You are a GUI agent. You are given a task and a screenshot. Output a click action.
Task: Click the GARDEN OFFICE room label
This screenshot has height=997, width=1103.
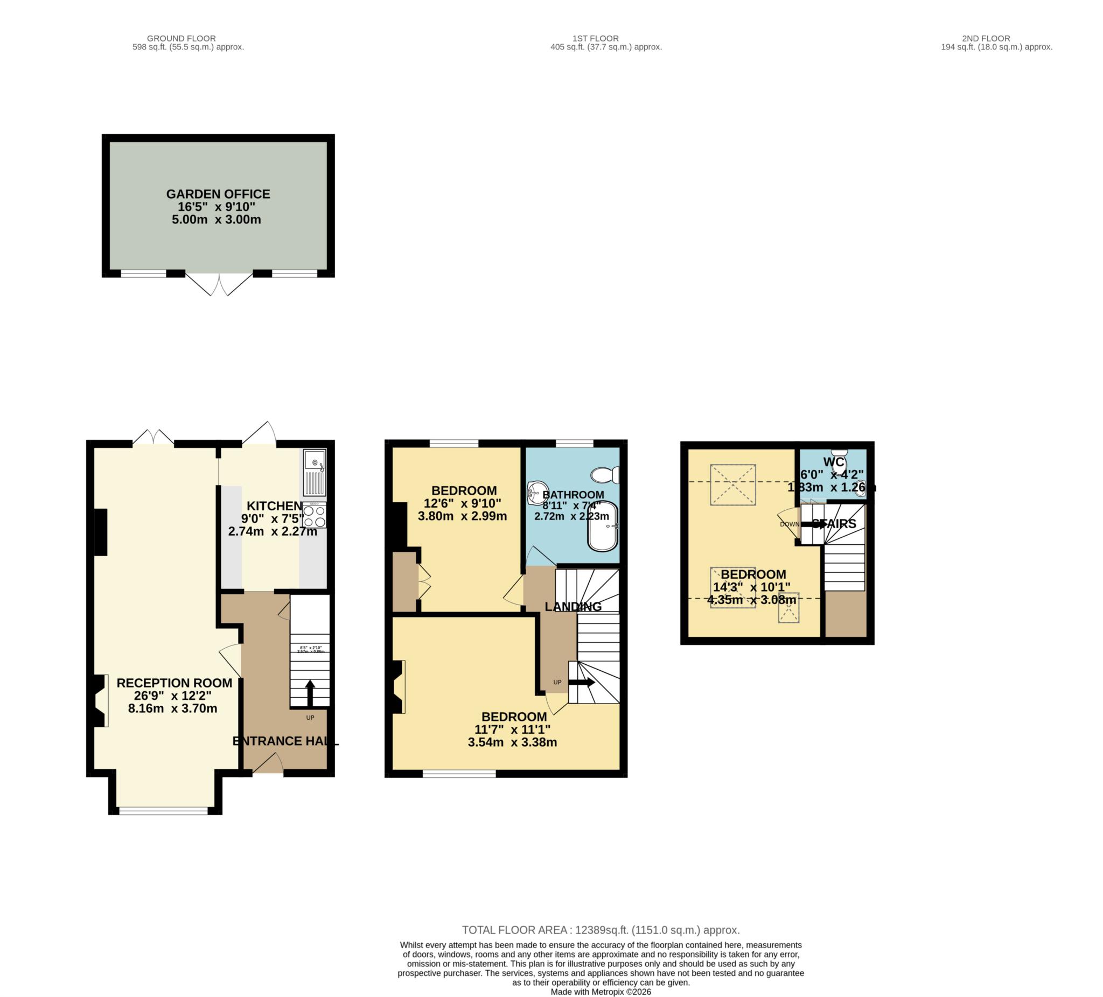218,195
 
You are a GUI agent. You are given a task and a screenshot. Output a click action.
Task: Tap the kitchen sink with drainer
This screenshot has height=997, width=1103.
315,473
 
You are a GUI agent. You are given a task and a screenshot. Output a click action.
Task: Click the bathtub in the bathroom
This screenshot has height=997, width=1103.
602,525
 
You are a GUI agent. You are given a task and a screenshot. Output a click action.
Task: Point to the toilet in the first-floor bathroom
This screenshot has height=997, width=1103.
606,475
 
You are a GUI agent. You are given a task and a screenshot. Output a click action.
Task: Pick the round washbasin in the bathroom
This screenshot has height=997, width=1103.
537,493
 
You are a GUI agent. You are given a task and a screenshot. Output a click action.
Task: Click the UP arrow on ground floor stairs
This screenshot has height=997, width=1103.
310,693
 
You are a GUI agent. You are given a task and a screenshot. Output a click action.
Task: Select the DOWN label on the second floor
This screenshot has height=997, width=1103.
790,524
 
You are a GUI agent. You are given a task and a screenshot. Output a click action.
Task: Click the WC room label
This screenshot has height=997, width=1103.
833,462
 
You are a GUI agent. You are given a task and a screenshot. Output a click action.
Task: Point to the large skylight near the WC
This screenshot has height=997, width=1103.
732,485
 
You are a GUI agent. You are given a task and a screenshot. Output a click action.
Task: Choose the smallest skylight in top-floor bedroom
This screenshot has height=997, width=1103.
788,608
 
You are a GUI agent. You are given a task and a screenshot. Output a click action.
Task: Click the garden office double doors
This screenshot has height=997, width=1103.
219,283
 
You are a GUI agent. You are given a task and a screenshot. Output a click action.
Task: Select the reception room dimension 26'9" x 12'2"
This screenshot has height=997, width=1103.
173,696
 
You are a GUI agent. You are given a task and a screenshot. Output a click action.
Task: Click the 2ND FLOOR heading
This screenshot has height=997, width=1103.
986,38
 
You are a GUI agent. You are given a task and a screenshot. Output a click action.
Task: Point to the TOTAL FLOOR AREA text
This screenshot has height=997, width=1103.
600,930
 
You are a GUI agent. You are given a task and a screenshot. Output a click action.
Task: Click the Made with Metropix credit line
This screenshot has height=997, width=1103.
600,992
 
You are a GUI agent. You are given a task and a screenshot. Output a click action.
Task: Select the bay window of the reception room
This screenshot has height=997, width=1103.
164,811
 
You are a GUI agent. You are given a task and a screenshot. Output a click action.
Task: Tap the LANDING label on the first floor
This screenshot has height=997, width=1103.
573,607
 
